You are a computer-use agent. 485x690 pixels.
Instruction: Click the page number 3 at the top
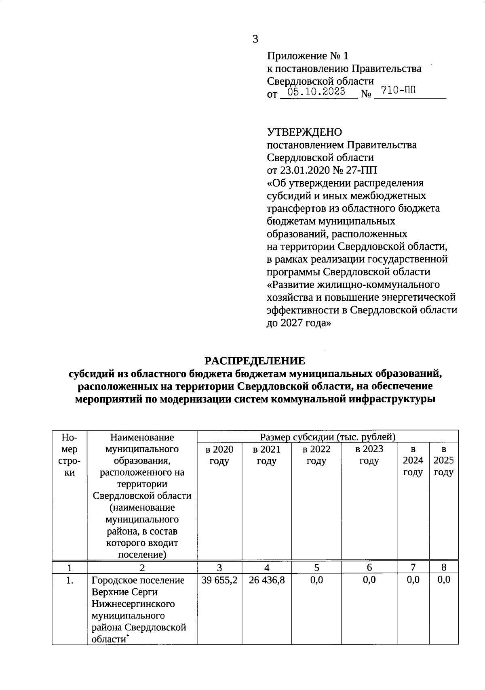click(x=255, y=39)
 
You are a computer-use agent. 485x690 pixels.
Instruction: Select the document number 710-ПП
click(x=398, y=91)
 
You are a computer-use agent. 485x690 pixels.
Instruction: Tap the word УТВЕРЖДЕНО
click(x=304, y=132)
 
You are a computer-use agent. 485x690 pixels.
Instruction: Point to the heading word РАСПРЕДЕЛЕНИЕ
click(x=255, y=361)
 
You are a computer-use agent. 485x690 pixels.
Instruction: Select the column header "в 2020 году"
click(x=219, y=455)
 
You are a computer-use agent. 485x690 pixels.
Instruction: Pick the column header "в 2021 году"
click(x=267, y=455)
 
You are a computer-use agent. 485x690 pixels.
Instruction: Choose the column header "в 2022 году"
click(x=316, y=455)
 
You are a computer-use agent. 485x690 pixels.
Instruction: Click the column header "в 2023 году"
click(x=369, y=455)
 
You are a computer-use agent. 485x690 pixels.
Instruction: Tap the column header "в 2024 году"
click(x=413, y=461)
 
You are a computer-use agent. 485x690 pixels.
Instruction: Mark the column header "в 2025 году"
click(x=444, y=461)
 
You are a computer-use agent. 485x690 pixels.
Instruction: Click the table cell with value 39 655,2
click(x=219, y=580)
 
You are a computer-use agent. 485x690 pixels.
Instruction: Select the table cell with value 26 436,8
click(x=267, y=580)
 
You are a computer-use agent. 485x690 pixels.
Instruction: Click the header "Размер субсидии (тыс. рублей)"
click(x=327, y=437)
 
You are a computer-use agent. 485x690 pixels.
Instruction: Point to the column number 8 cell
click(x=444, y=567)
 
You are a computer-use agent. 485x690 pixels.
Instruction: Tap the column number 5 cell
click(x=316, y=567)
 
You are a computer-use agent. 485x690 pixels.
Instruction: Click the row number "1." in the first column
click(x=70, y=581)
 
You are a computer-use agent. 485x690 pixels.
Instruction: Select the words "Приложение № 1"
click(x=307, y=56)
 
